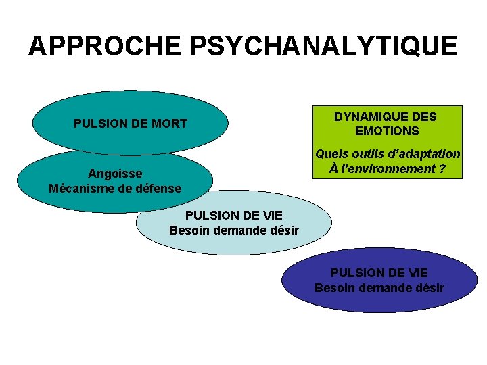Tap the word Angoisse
click(x=115, y=174)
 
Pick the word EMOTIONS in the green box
click(x=387, y=131)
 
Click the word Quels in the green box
click(x=331, y=154)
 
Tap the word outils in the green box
click(x=369, y=154)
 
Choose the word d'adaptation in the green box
click(x=425, y=154)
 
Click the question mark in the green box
click(x=442, y=168)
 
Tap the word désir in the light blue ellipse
click(x=283, y=230)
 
